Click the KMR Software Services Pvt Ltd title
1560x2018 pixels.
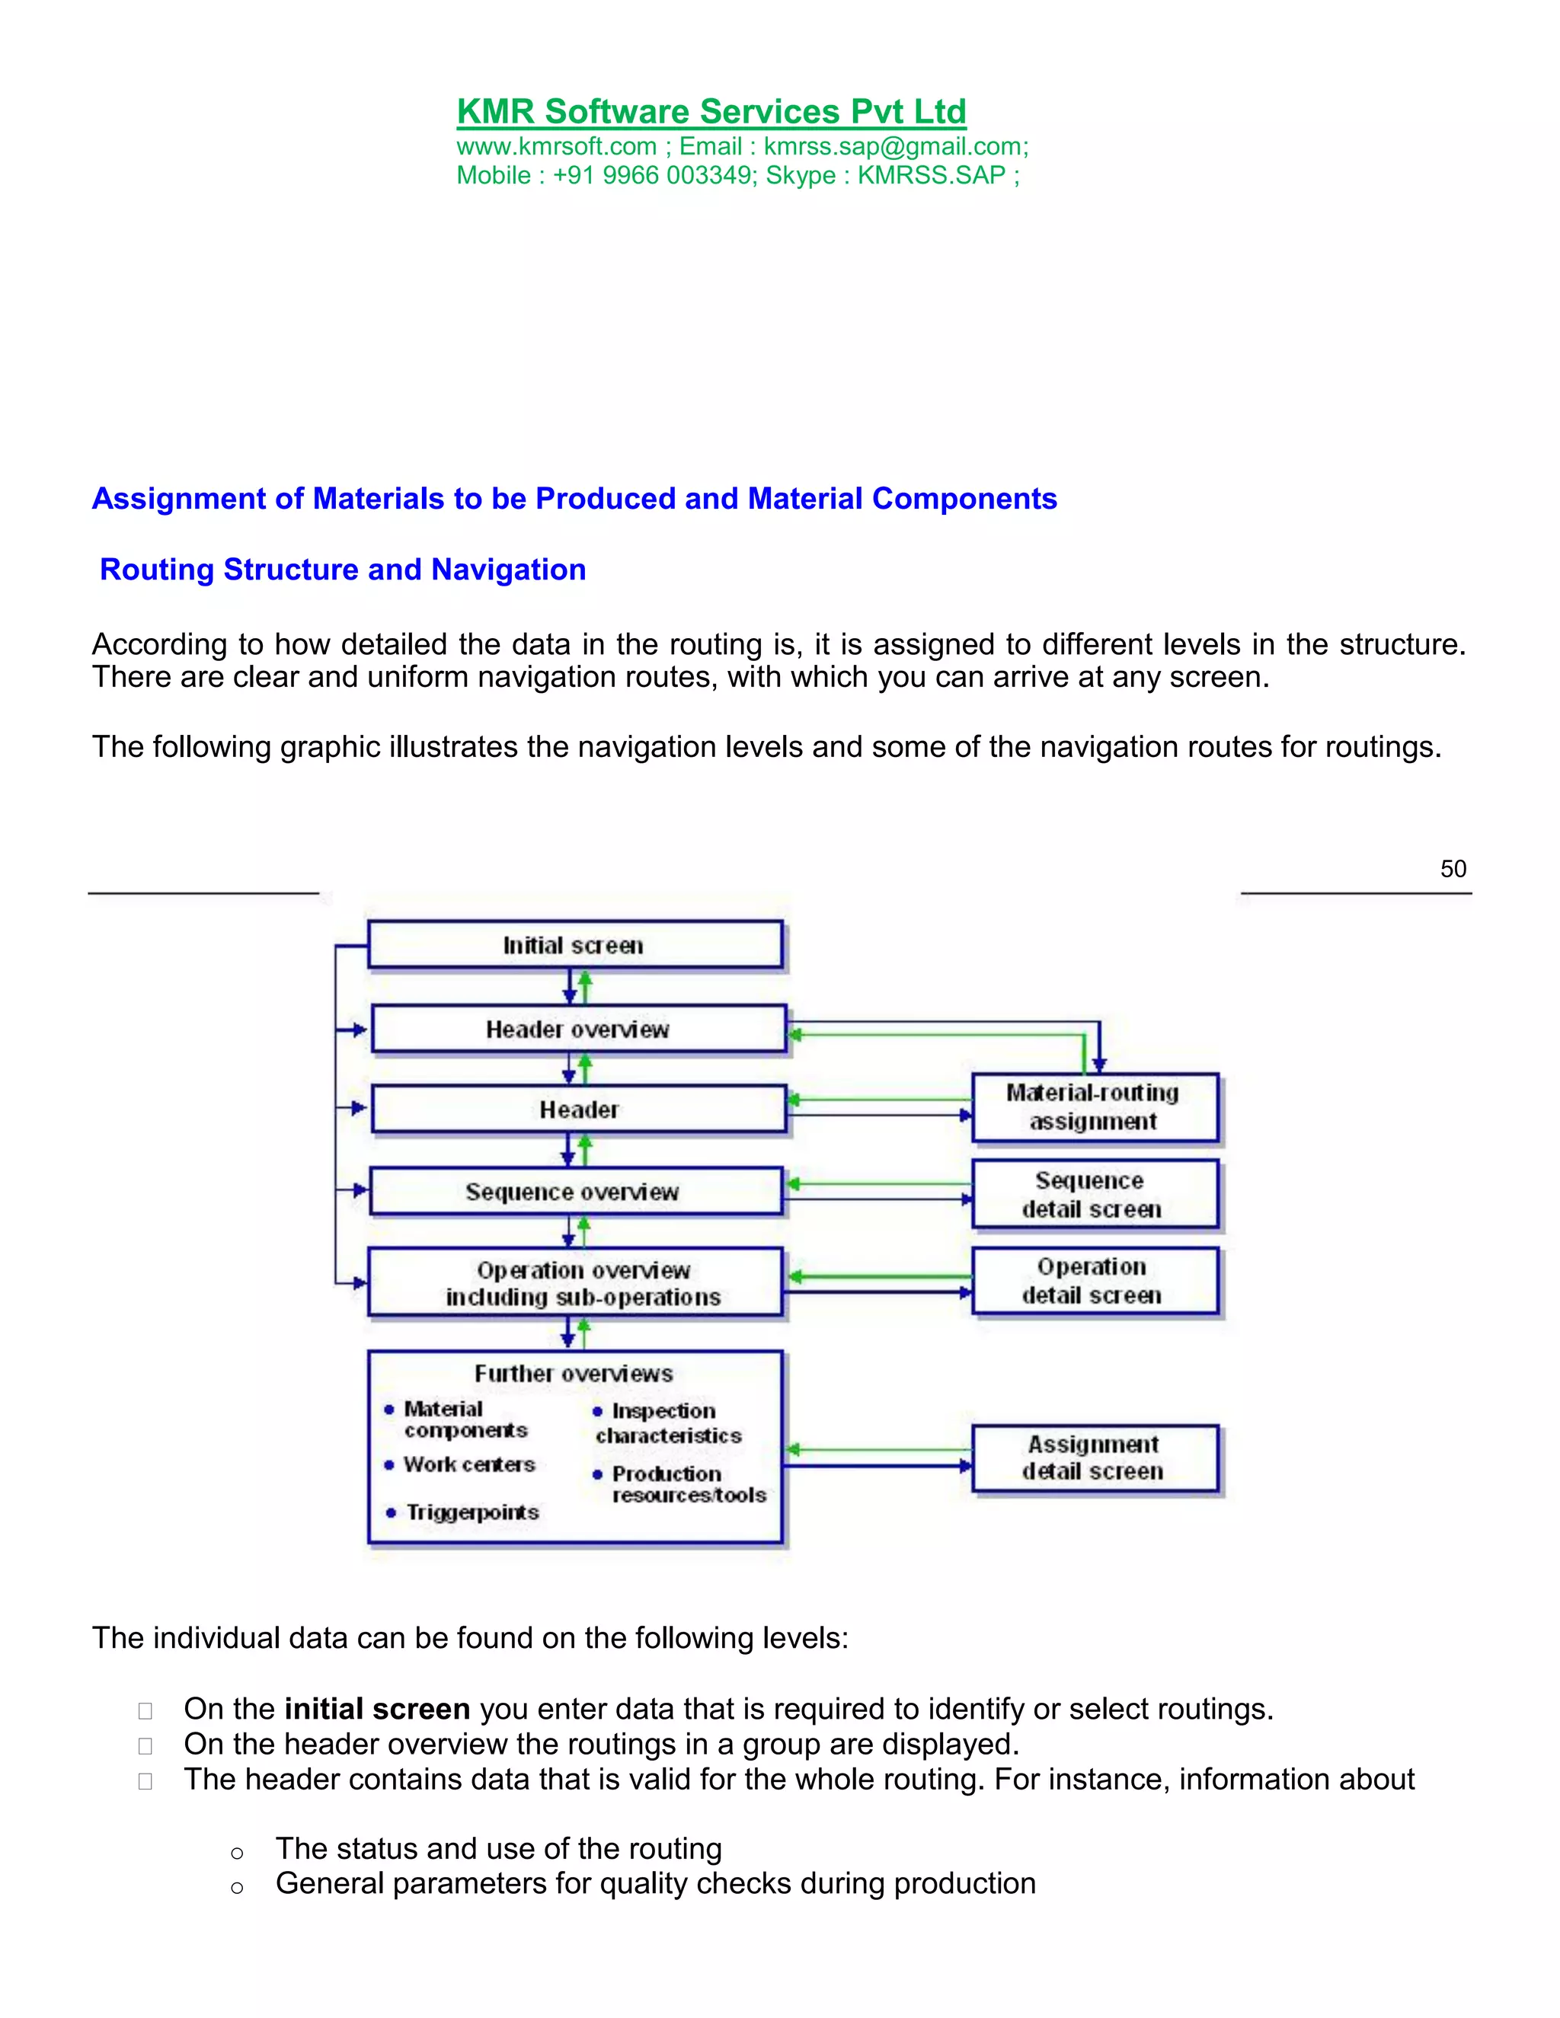[711, 112]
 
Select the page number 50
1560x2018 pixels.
[1453, 869]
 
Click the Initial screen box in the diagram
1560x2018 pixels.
[574, 945]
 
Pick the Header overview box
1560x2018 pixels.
[577, 1030]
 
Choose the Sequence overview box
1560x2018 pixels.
[573, 1192]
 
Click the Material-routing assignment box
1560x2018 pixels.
[1095, 1107]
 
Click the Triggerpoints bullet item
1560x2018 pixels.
[472, 1512]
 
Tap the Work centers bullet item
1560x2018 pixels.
[469, 1464]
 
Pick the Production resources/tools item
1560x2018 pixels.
[688, 1484]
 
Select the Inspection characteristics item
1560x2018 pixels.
[667, 1423]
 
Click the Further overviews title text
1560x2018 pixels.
[574, 1374]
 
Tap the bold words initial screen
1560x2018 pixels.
[377, 1709]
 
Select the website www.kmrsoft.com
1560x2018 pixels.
[556, 147]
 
